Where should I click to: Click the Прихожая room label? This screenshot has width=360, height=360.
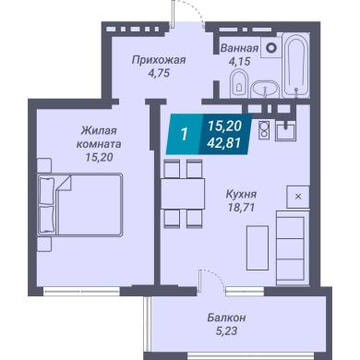[x=159, y=60]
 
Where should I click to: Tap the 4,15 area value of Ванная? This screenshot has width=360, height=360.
[x=239, y=62]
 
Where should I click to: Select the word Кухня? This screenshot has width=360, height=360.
[x=241, y=195]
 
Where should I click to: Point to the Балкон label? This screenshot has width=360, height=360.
[x=226, y=318]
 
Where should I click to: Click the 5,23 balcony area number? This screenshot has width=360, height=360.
[x=226, y=330]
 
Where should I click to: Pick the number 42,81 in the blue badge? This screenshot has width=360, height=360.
[x=223, y=142]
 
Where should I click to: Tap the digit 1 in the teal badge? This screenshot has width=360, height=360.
[x=185, y=135]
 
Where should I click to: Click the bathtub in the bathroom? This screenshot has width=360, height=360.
[x=295, y=66]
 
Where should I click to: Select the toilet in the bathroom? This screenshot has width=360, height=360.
[x=239, y=83]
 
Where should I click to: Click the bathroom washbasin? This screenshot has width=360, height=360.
[x=265, y=90]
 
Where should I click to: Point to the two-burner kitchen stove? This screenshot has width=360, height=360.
[x=264, y=129]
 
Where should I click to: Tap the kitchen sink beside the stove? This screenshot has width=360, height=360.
[x=285, y=130]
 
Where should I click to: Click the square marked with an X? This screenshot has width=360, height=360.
[x=298, y=197]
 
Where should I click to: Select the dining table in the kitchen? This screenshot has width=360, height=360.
[x=183, y=194]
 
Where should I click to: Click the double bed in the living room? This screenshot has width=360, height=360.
[x=80, y=205]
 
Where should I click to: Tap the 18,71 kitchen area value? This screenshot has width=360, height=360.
[x=241, y=208]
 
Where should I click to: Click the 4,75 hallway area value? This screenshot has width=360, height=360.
[x=159, y=73]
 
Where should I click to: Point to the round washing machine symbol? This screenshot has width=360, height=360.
[x=271, y=48]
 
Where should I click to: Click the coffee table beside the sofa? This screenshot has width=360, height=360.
[x=258, y=248]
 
